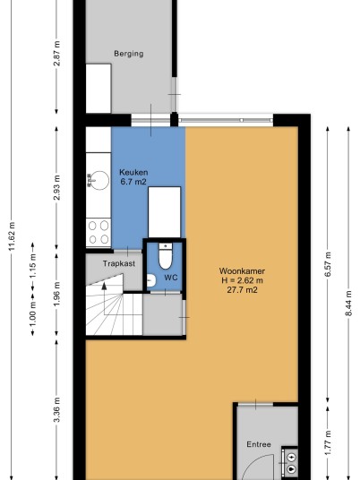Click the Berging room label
tap(129, 54)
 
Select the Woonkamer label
tap(242, 271)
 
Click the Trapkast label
tap(119, 263)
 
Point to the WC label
tap(171, 278)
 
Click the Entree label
tap(259, 444)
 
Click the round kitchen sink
tap(99, 180)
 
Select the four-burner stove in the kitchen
tap(99, 232)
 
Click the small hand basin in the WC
tap(151, 280)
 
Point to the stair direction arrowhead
tap(104, 286)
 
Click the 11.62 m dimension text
tap(12, 236)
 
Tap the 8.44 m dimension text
tap(348, 303)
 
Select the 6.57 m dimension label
tap(328, 264)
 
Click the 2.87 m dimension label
tap(56, 53)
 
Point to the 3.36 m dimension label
tap(56, 409)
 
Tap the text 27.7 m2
tap(242, 289)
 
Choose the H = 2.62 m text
tap(242, 280)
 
